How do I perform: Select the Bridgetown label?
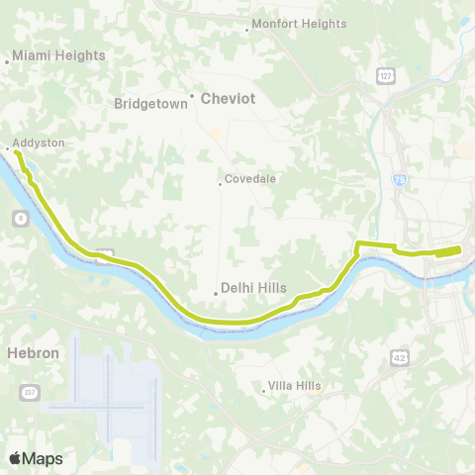[150, 103]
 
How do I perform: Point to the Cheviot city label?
[229, 99]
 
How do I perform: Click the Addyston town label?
[40, 143]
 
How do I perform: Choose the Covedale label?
[250, 179]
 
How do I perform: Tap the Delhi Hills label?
[255, 288]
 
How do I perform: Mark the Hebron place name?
[34, 352]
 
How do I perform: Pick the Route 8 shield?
[20, 217]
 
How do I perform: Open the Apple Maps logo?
[36, 458]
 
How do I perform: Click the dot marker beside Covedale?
[220, 183]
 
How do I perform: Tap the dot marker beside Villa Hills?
[264, 390]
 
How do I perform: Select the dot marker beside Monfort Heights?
[246, 30]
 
